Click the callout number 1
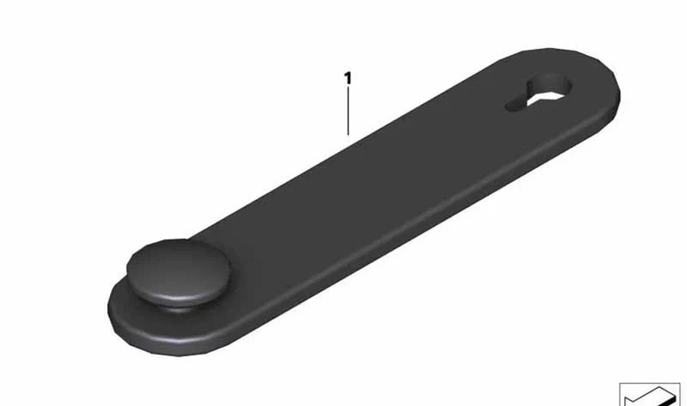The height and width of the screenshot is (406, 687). (348, 78)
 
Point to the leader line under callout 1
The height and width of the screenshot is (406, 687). (349, 112)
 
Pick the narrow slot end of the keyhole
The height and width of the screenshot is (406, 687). (514, 106)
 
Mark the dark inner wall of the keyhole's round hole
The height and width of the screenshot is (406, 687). (549, 83)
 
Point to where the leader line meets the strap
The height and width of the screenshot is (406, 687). (349, 136)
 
